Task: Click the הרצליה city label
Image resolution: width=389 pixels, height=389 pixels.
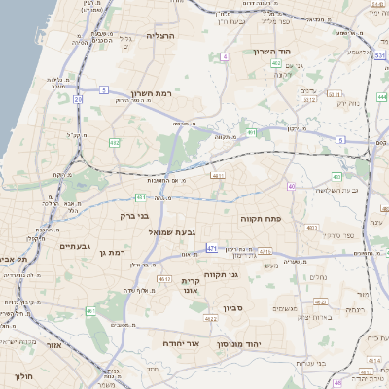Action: point(159,35)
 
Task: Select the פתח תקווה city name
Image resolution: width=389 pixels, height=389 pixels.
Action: point(261,220)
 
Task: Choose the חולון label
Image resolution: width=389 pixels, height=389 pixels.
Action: point(21,375)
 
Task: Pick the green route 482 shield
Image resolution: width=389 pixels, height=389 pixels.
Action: point(116,143)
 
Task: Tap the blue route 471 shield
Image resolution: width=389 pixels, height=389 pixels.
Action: point(212,249)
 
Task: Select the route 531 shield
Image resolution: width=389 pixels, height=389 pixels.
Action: point(378,55)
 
